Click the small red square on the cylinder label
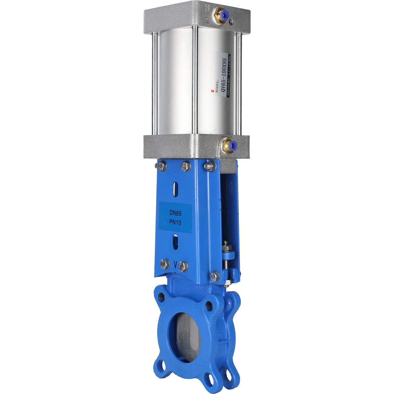point(213,91)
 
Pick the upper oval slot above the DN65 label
point(175,189)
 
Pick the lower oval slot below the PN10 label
point(175,242)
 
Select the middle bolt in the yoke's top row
point(186,166)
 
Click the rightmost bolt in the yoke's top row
point(210,166)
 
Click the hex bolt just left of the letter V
point(165,264)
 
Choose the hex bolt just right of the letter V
point(183,266)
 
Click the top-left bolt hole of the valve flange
point(161,296)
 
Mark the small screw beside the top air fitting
point(231,22)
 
